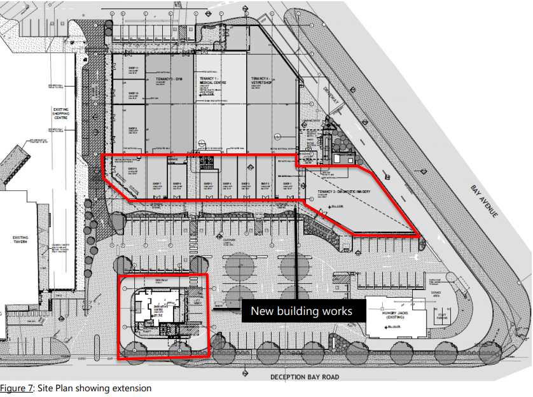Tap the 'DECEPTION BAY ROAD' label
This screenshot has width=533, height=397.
point(305,377)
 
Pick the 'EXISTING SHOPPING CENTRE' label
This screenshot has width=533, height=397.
point(61,115)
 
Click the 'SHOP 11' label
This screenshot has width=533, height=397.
point(133,67)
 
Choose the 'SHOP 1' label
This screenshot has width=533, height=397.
point(287,184)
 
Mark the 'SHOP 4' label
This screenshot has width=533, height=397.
point(227,184)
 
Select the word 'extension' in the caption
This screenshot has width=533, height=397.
point(132,387)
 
